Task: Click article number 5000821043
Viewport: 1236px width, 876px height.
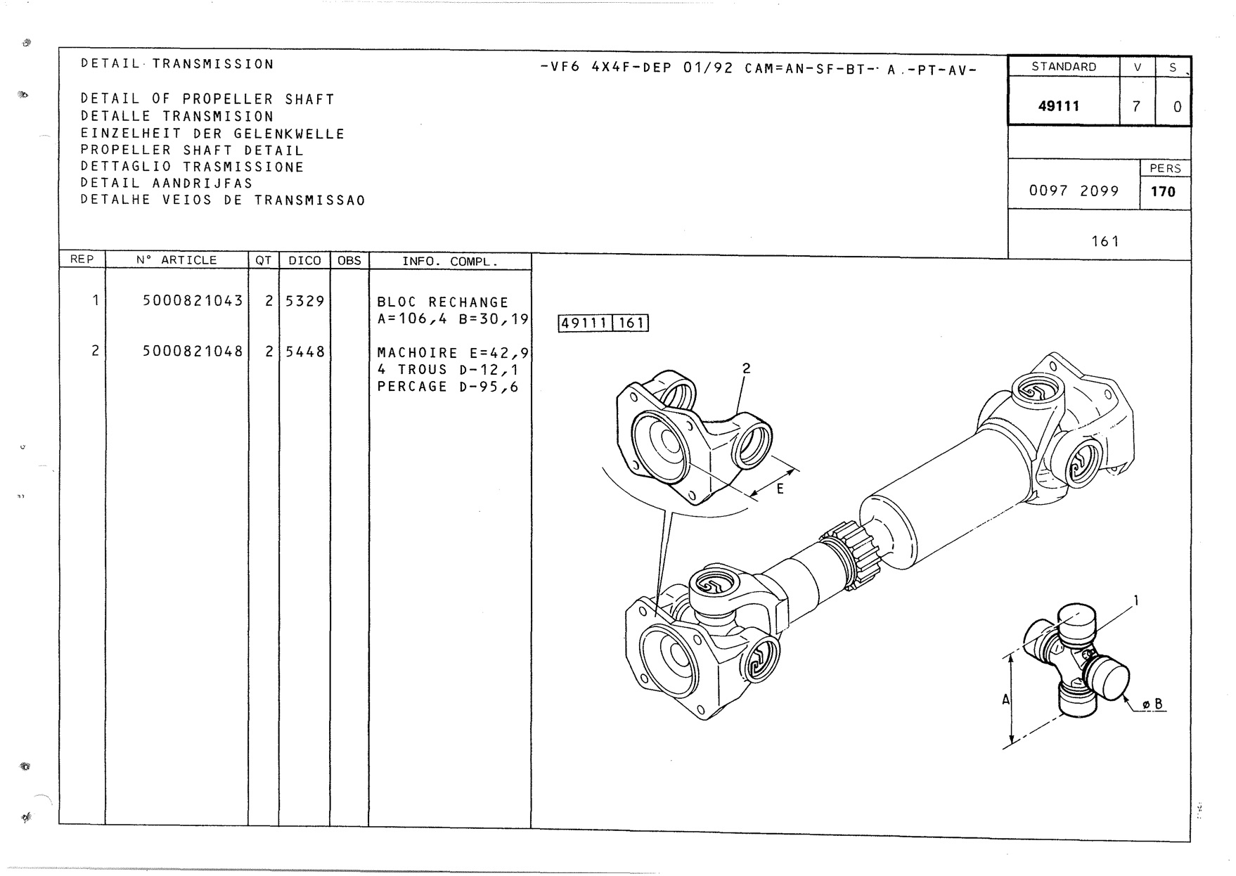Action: [193, 301]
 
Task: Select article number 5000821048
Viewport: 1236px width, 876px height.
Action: [193, 351]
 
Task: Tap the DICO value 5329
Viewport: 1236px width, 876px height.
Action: [304, 301]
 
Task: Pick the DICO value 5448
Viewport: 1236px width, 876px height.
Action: [304, 351]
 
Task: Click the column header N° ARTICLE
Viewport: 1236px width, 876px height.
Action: [176, 260]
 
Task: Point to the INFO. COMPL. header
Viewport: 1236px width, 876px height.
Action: [449, 262]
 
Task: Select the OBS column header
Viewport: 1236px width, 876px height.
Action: [349, 260]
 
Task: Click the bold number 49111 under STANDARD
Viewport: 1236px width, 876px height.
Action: [1059, 106]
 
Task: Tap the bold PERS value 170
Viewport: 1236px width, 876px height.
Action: [1163, 191]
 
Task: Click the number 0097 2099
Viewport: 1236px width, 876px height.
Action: [1074, 191]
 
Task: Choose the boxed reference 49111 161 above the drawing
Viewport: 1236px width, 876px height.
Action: [603, 323]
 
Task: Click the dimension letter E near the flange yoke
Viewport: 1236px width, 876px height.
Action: [780, 489]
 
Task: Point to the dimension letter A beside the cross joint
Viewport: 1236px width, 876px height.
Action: [1006, 700]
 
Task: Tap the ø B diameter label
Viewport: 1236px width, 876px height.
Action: [1152, 704]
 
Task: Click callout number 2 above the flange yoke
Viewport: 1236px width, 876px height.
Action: [747, 368]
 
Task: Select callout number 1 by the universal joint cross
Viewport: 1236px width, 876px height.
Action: [1136, 600]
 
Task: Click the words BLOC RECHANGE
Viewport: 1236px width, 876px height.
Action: [442, 302]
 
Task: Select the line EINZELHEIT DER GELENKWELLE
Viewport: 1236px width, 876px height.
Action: [212, 134]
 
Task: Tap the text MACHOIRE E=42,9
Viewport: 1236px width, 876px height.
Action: [453, 353]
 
